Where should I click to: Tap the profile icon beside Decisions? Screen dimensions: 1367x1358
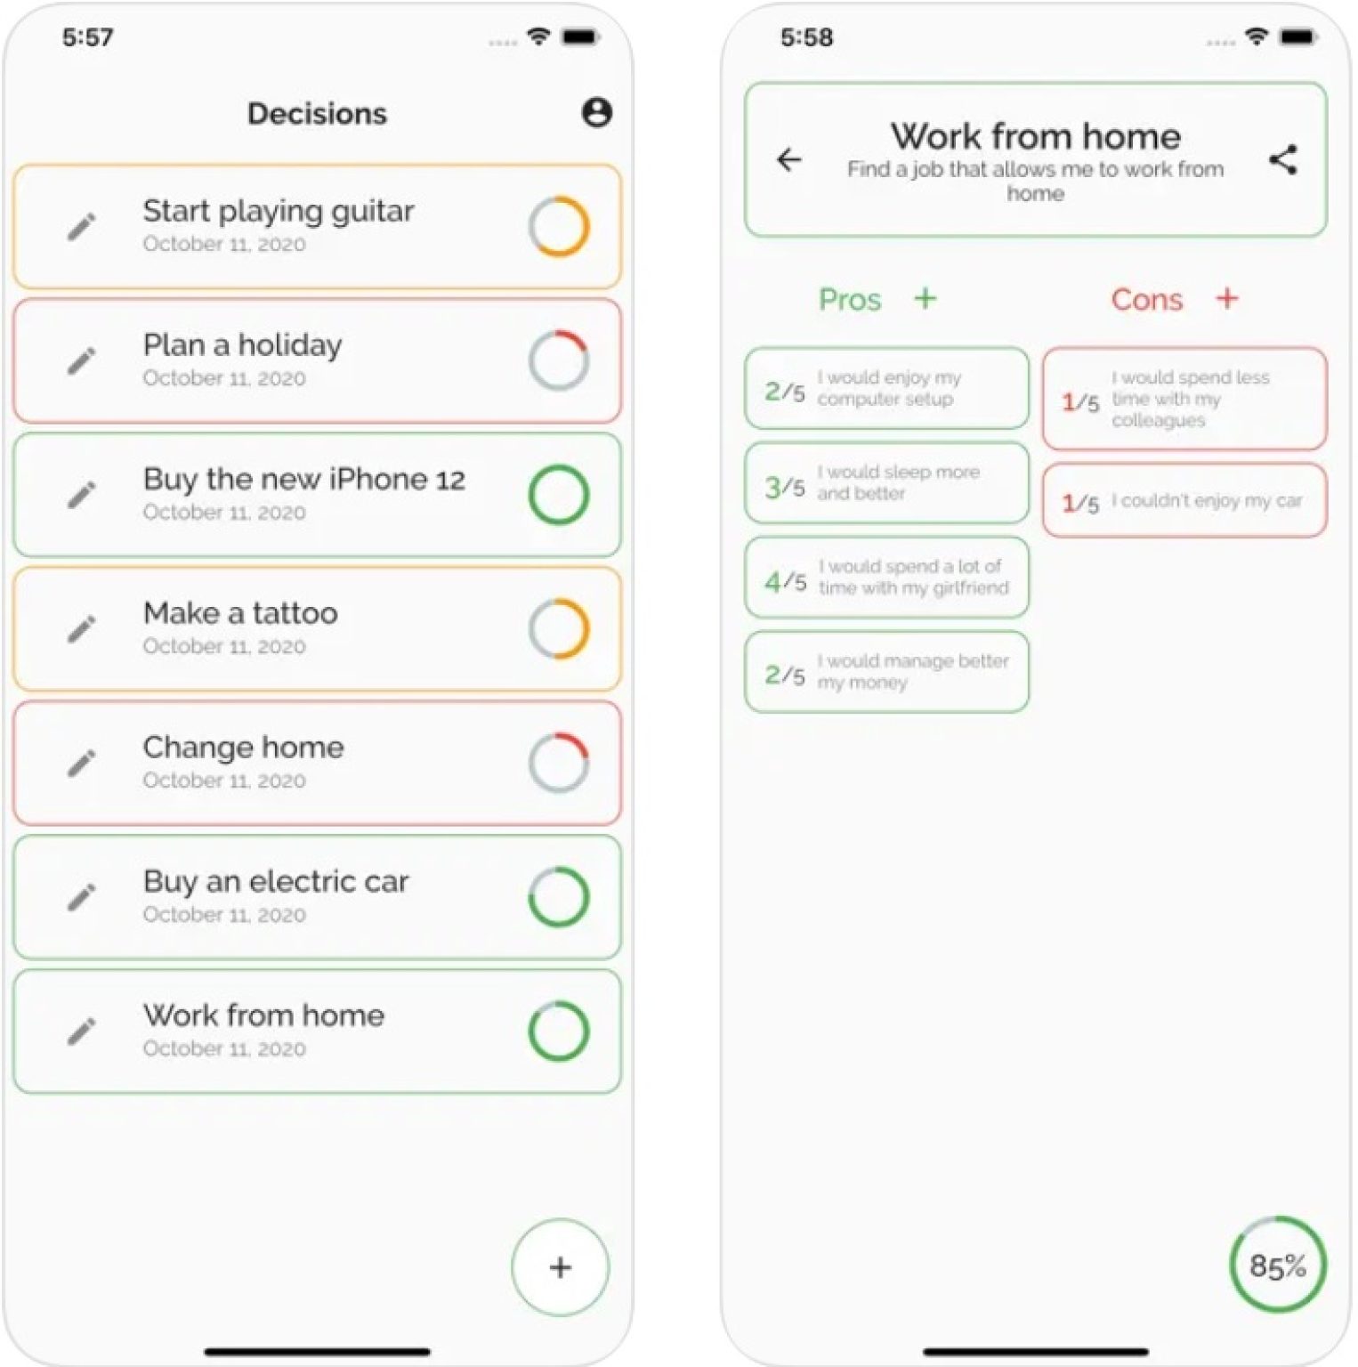[x=596, y=113]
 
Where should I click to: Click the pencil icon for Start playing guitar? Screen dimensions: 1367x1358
[x=82, y=227]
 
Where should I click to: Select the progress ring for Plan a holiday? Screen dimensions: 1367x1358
[x=558, y=360]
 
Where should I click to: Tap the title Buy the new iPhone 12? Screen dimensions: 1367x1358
[x=303, y=480]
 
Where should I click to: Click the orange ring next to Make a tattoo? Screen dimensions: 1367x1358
[x=558, y=628]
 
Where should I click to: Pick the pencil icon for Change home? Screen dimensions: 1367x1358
[x=82, y=763]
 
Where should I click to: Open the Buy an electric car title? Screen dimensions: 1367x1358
[x=276, y=881]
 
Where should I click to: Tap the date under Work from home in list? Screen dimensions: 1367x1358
[x=224, y=1048]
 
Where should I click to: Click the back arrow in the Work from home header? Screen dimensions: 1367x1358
[x=789, y=160]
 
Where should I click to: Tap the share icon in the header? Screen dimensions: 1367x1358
[x=1282, y=160]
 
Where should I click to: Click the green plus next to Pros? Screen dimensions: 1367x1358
[x=926, y=298]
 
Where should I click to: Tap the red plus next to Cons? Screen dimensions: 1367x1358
[x=1227, y=298]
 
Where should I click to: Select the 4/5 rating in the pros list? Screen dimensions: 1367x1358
[x=785, y=582]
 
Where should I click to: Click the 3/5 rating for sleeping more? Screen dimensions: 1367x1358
[x=785, y=487]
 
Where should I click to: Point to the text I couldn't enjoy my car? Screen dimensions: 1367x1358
[x=1206, y=501]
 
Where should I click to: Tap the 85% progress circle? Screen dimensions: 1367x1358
[x=1277, y=1265]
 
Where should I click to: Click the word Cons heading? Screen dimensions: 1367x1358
[x=1146, y=300]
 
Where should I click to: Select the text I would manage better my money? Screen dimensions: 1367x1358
[x=912, y=672]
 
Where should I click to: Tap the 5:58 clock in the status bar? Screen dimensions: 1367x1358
[x=806, y=37]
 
